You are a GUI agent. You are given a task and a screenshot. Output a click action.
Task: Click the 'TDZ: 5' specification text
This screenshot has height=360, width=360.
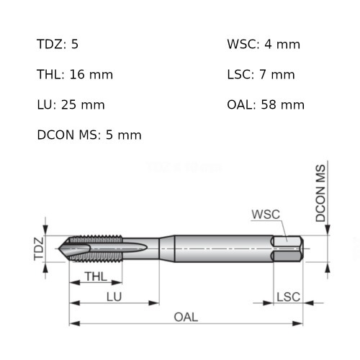[x=58, y=45]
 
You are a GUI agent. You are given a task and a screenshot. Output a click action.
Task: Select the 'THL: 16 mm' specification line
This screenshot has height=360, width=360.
[x=74, y=74]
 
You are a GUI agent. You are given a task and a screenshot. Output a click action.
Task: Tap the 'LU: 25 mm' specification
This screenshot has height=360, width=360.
[x=71, y=104]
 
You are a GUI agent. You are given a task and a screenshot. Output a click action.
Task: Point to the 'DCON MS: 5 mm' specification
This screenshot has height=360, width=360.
[x=89, y=135]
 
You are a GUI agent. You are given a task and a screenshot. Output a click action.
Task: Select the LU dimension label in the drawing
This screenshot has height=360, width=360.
[x=113, y=296]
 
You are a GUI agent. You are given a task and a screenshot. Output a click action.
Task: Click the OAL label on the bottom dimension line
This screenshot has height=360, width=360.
[x=186, y=317]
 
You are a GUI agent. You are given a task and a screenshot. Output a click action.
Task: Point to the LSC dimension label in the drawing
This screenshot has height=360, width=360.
[x=288, y=296]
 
